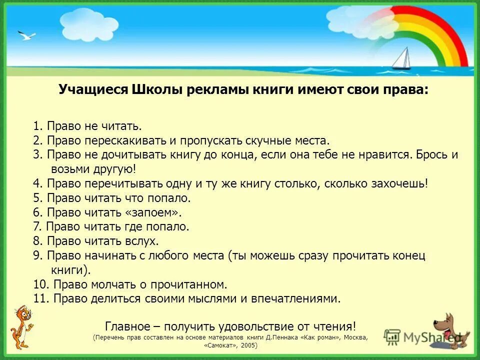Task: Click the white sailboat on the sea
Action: [x=401, y=59]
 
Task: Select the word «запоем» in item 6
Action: [x=154, y=212]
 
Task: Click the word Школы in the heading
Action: [x=156, y=90]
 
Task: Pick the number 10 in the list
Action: [x=40, y=285]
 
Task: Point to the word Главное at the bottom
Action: [x=128, y=326]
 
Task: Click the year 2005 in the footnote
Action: [x=247, y=345]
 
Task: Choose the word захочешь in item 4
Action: [x=398, y=183]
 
